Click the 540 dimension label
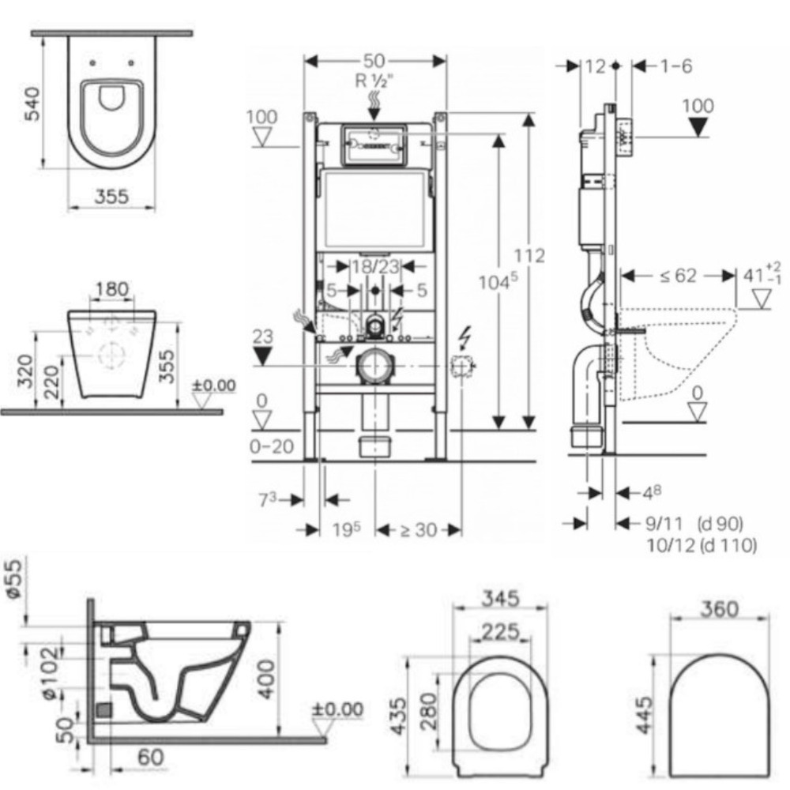point(32,104)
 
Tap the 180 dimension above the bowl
point(112,290)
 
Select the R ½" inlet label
point(374,80)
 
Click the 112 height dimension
point(529,256)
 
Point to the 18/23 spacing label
point(376,266)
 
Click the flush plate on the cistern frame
point(374,145)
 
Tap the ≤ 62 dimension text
point(678,276)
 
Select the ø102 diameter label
point(51,674)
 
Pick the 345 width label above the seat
point(500,599)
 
